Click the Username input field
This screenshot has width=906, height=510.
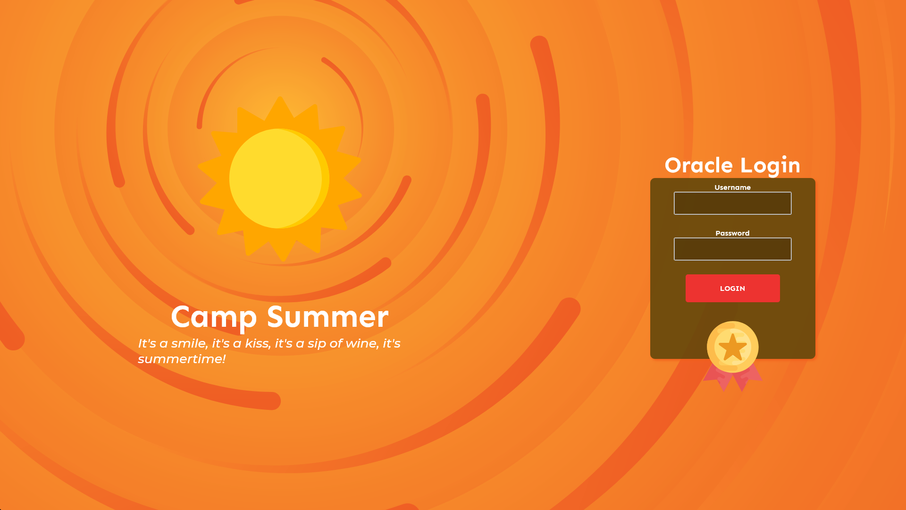(x=732, y=203)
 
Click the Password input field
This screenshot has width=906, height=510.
(x=732, y=249)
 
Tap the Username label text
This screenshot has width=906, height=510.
(x=732, y=187)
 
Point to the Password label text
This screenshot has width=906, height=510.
(x=732, y=233)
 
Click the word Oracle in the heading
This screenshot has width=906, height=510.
(x=699, y=165)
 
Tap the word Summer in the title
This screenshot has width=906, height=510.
(x=328, y=316)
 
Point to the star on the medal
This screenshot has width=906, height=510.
(x=733, y=347)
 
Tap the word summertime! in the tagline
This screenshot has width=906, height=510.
(x=182, y=359)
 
